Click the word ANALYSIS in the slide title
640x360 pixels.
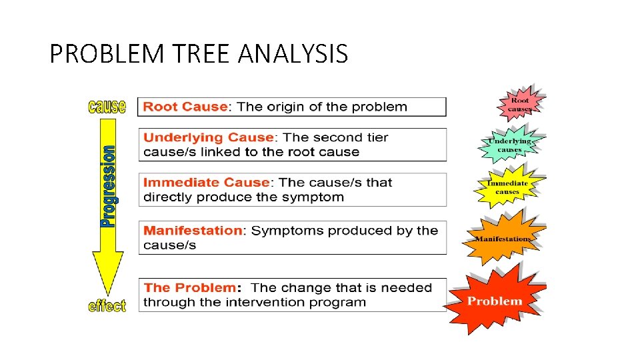point(293,53)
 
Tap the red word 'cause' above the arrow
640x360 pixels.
point(107,107)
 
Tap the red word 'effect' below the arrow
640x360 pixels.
point(107,306)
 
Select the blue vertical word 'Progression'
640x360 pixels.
point(107,187)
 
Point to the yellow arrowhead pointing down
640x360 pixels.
point(107,273)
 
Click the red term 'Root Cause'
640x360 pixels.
point(186,107)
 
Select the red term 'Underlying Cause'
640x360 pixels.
point(209,137)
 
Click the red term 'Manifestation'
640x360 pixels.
point(193,231)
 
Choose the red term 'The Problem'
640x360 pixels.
point(189,288)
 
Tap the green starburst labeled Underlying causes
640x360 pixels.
point(510,145)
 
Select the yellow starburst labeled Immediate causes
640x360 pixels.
point(507,187)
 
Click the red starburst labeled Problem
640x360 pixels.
point(495,301)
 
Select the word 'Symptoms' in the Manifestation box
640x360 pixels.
point(281,231)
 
